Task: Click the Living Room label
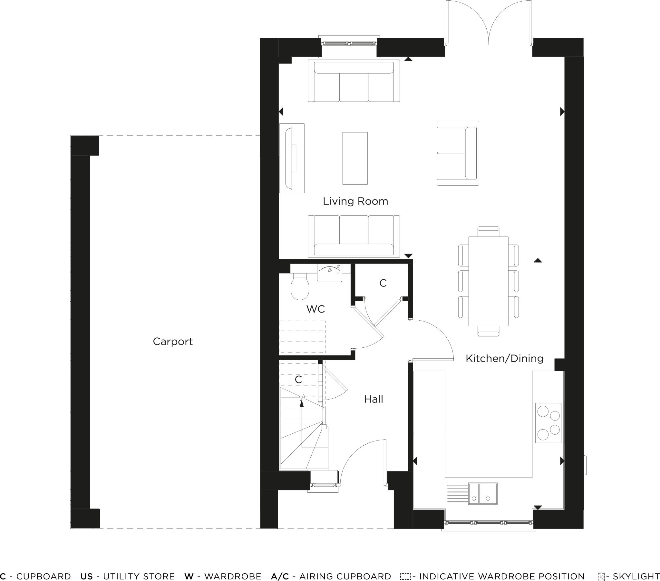pos(355,201)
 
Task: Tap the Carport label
pos(172,341)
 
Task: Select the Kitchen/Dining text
pos(504,358)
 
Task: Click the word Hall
pos(374,399)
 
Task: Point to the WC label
pos(315,309)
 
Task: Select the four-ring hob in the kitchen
pos(548,422)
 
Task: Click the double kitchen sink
pos(483,493)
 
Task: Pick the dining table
pos(488,281)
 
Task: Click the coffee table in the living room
pos(355,158)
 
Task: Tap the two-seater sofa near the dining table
pos(458,153)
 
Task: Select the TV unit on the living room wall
pos(292,158)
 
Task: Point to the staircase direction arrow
pos(302,402)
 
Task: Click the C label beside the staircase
pos(298,380)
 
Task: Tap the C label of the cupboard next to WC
pos(383,283)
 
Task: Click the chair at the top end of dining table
pos(488,231)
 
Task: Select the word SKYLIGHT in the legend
pos(636,576)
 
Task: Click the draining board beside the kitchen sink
pos(458,493)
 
